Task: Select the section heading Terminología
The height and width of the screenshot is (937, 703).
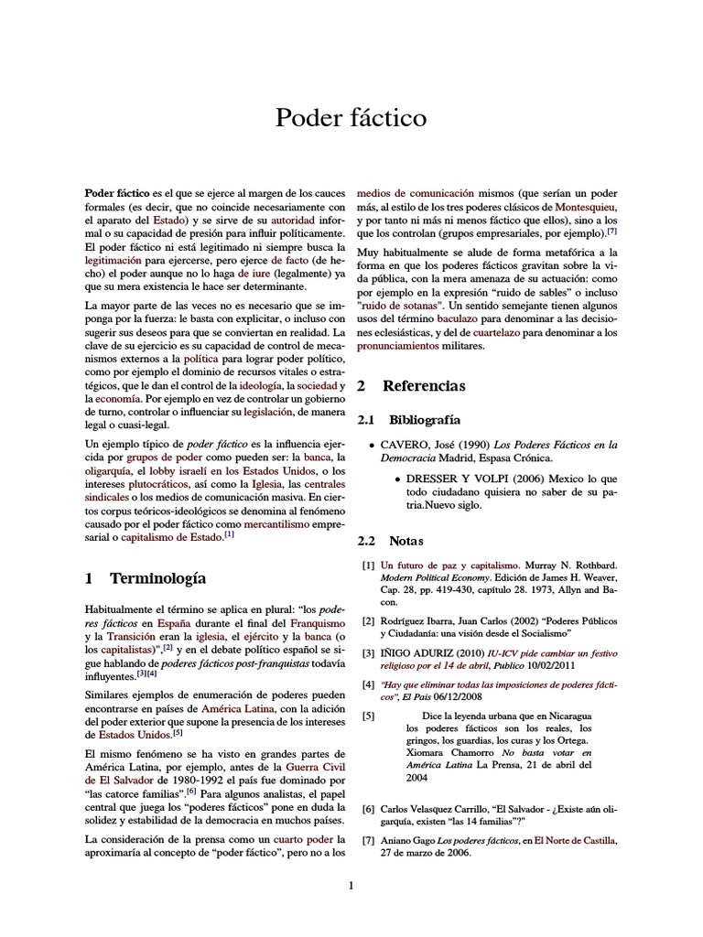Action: pyautogui.click(x=157, y=578)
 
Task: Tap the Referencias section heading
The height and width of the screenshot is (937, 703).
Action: pyautogui.click(x=424, y=386)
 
